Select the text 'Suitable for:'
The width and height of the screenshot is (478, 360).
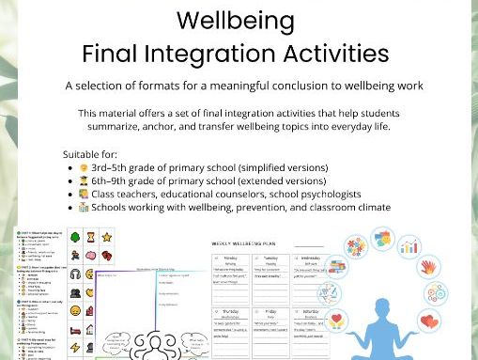tap(92, 152)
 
